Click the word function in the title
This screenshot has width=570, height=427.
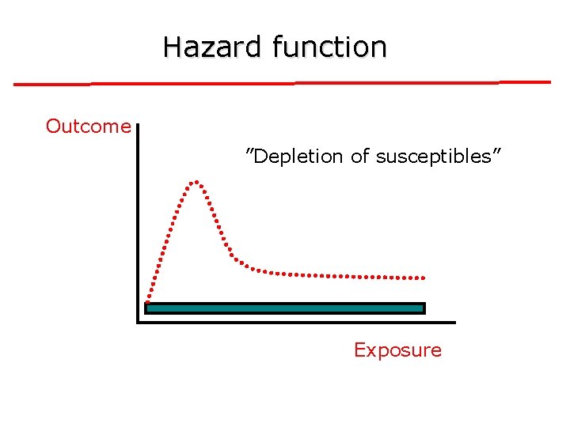(329, 47)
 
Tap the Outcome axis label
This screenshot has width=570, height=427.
(88, 127)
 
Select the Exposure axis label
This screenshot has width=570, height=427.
(397, 350)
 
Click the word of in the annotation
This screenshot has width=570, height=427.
(360, 157)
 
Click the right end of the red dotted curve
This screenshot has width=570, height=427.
(424, 278)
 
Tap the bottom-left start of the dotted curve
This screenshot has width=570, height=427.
(148, 300)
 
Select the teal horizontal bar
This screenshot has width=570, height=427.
(285, 308)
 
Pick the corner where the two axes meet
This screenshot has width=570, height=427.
(139, 322)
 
